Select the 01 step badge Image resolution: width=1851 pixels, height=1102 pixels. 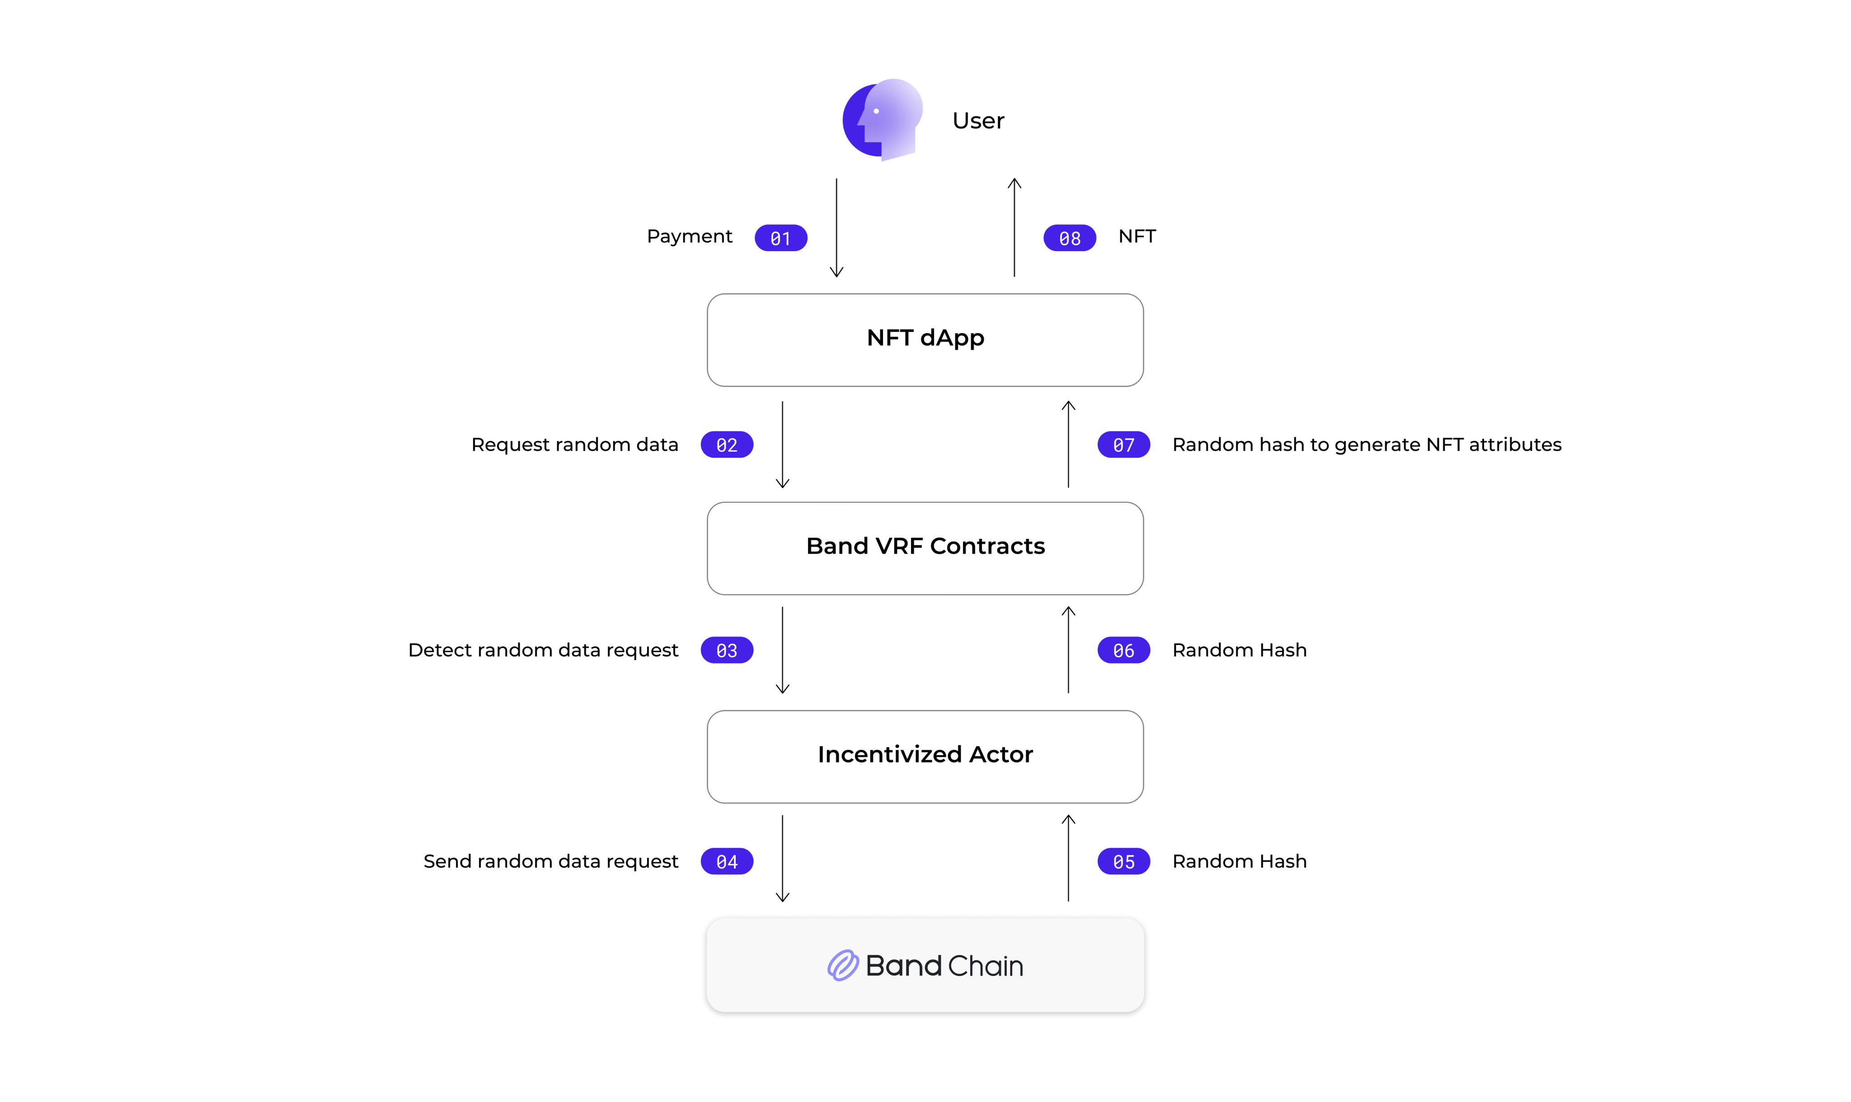[x=780, y=238]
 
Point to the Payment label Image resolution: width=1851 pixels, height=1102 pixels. [x=689, y=236]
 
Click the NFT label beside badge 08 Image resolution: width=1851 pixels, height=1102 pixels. [x=1137, y=236]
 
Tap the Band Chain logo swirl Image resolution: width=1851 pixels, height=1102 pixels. [x=843, y=965]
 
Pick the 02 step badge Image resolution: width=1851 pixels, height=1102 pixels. [x=726, y=445]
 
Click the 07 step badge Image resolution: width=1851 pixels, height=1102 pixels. [x=1123, y=445]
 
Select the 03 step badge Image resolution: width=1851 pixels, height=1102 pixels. [x=726, y=650]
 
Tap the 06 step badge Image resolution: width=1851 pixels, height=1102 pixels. [x=1123, y=650]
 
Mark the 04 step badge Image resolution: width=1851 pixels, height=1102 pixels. [x=726, y=861]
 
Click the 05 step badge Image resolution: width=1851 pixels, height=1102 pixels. [x=1123, y=861]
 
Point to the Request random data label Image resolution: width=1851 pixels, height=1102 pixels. [x=574, y=445]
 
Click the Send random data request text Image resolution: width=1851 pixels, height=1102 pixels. [x=550, y=861]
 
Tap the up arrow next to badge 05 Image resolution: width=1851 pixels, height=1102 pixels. [x=1068, y=858]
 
